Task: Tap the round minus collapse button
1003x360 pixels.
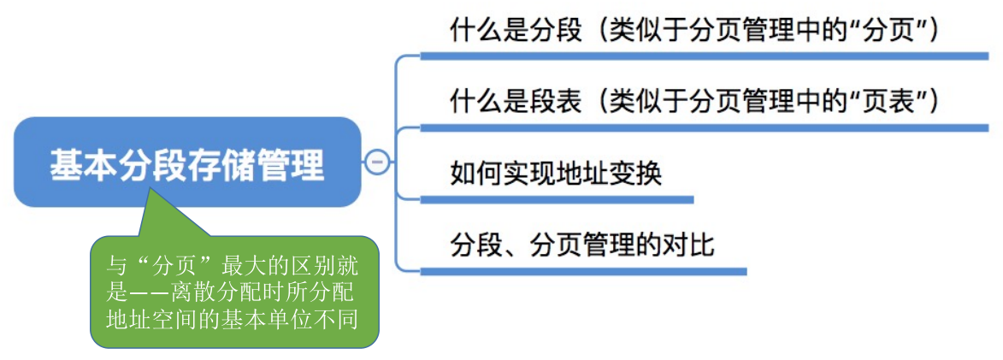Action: (377, 162)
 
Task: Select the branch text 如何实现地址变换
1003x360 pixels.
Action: (555, 174)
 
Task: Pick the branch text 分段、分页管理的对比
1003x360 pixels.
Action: (581, 245)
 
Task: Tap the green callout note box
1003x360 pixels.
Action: (235, 292)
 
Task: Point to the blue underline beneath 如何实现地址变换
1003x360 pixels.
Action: (557, 200)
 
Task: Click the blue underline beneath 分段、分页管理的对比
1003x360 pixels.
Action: (583, 271)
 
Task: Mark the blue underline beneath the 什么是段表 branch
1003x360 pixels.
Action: (705, 128)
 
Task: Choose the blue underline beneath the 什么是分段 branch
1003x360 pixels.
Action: (705, 56)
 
